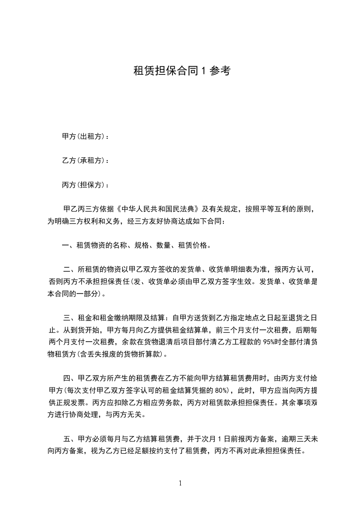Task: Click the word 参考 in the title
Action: click(220, 71)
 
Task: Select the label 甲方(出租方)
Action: click(84, 136)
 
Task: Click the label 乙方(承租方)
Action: click(84, 161)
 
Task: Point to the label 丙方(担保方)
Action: click(84, 185)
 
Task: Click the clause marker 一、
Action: click(68, 245)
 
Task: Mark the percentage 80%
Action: click(222, 390)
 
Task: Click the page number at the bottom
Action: click(180, 483)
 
